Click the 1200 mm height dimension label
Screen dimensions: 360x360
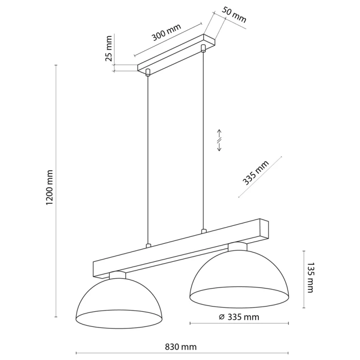pos(50,188)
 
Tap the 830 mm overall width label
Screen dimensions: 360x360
pos(181,347)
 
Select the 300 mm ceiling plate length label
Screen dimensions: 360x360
pos(166,32)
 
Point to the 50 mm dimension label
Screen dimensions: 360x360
pos(234,15)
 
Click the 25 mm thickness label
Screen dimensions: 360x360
pos(108,49)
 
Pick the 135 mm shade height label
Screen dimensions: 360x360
pos(310,278)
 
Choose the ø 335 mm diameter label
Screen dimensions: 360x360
pos(239,317)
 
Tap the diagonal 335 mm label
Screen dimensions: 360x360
pos(255,173)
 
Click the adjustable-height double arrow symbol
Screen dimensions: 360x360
pos(219,141)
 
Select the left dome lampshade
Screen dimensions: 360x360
pos(119,303)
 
